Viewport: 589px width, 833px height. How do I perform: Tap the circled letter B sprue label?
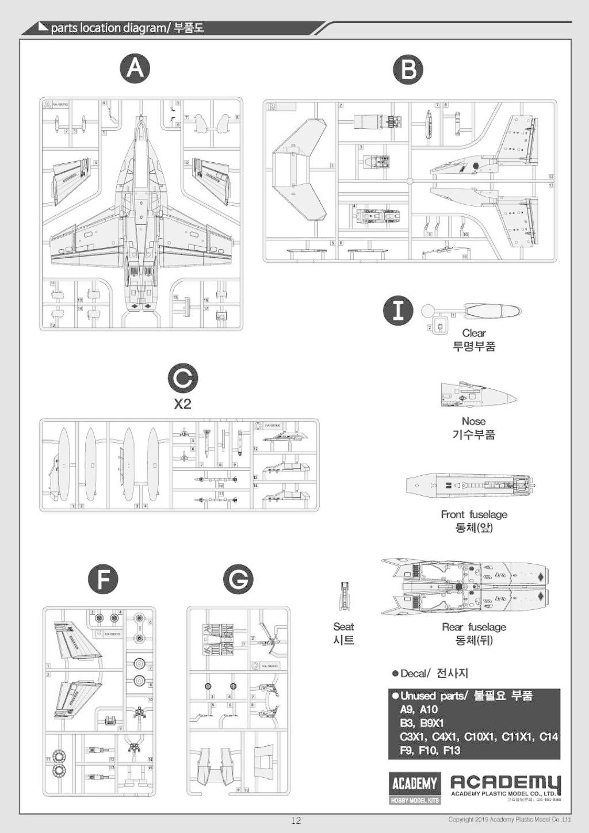point(408,70)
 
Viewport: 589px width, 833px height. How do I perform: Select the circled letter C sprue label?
point(182,380)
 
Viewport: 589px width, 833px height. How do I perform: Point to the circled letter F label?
point(103,579)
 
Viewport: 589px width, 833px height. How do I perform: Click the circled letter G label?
point(238,580)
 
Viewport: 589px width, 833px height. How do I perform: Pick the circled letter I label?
point(398,310)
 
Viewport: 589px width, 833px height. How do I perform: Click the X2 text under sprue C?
point(182,404)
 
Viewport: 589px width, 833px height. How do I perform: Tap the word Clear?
point(473,333)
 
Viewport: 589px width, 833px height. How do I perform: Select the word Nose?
point(473,421)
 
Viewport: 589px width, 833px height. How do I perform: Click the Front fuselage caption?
point(474,514)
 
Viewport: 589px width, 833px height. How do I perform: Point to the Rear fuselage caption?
point(474,627)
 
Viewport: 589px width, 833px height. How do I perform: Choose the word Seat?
point(343,626)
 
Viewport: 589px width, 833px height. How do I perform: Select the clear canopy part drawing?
point(492,312)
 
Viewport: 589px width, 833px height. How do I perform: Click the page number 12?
point(296,820)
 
